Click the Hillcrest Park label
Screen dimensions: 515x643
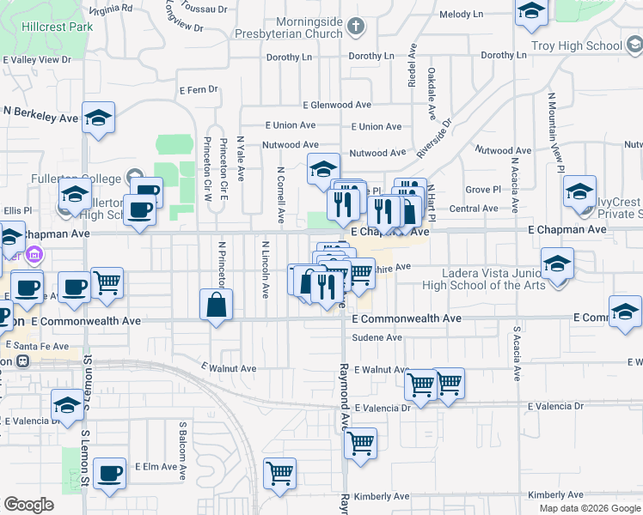46,27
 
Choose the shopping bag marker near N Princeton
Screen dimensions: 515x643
217,306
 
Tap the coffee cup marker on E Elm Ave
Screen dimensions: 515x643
110,476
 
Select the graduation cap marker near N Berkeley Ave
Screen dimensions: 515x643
99,118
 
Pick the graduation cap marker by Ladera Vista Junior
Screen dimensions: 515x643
558,264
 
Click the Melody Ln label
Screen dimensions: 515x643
462,15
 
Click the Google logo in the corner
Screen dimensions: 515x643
28,505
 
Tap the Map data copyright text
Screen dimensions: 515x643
590,508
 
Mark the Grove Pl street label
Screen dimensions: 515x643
482,189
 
